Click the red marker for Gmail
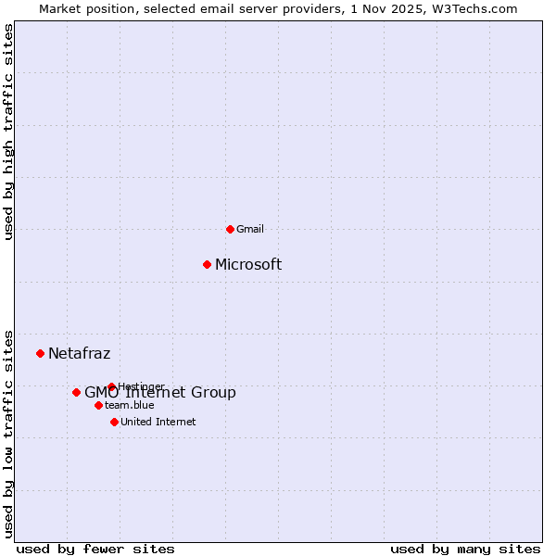230,229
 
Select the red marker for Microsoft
207,265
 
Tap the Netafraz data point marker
40,353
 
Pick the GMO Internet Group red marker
76,392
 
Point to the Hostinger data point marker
111,386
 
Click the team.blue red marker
98,405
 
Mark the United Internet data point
114,422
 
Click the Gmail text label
250,229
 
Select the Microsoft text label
248,265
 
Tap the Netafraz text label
79,353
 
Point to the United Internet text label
158,422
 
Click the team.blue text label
130,405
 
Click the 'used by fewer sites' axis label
95,550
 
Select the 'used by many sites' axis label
465,550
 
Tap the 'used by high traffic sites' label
8,132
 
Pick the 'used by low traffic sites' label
8,433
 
